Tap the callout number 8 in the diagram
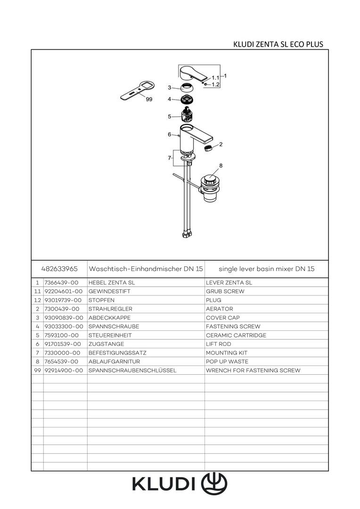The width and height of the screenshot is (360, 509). (221, 165)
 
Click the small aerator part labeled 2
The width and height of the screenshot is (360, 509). (209, 148)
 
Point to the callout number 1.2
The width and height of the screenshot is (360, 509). (215, 85)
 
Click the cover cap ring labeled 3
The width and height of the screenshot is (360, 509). (186, 88)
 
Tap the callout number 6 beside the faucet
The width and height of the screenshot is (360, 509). (170, 134)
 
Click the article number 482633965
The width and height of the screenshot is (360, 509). (59, 269)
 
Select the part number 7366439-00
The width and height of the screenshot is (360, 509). (62, 283)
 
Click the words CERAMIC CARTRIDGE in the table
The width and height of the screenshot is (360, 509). (236, 336)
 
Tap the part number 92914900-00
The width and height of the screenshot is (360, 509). (64, 370)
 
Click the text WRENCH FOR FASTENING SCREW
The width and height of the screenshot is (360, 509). (253, 370)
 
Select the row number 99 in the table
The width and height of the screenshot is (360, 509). (38, 370)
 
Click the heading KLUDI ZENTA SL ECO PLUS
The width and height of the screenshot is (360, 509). (278, 44)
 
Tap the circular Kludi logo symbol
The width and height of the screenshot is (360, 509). (214, 484)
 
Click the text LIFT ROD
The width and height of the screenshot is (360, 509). (219, 344)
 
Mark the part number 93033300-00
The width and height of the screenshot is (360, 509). (64, 327)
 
